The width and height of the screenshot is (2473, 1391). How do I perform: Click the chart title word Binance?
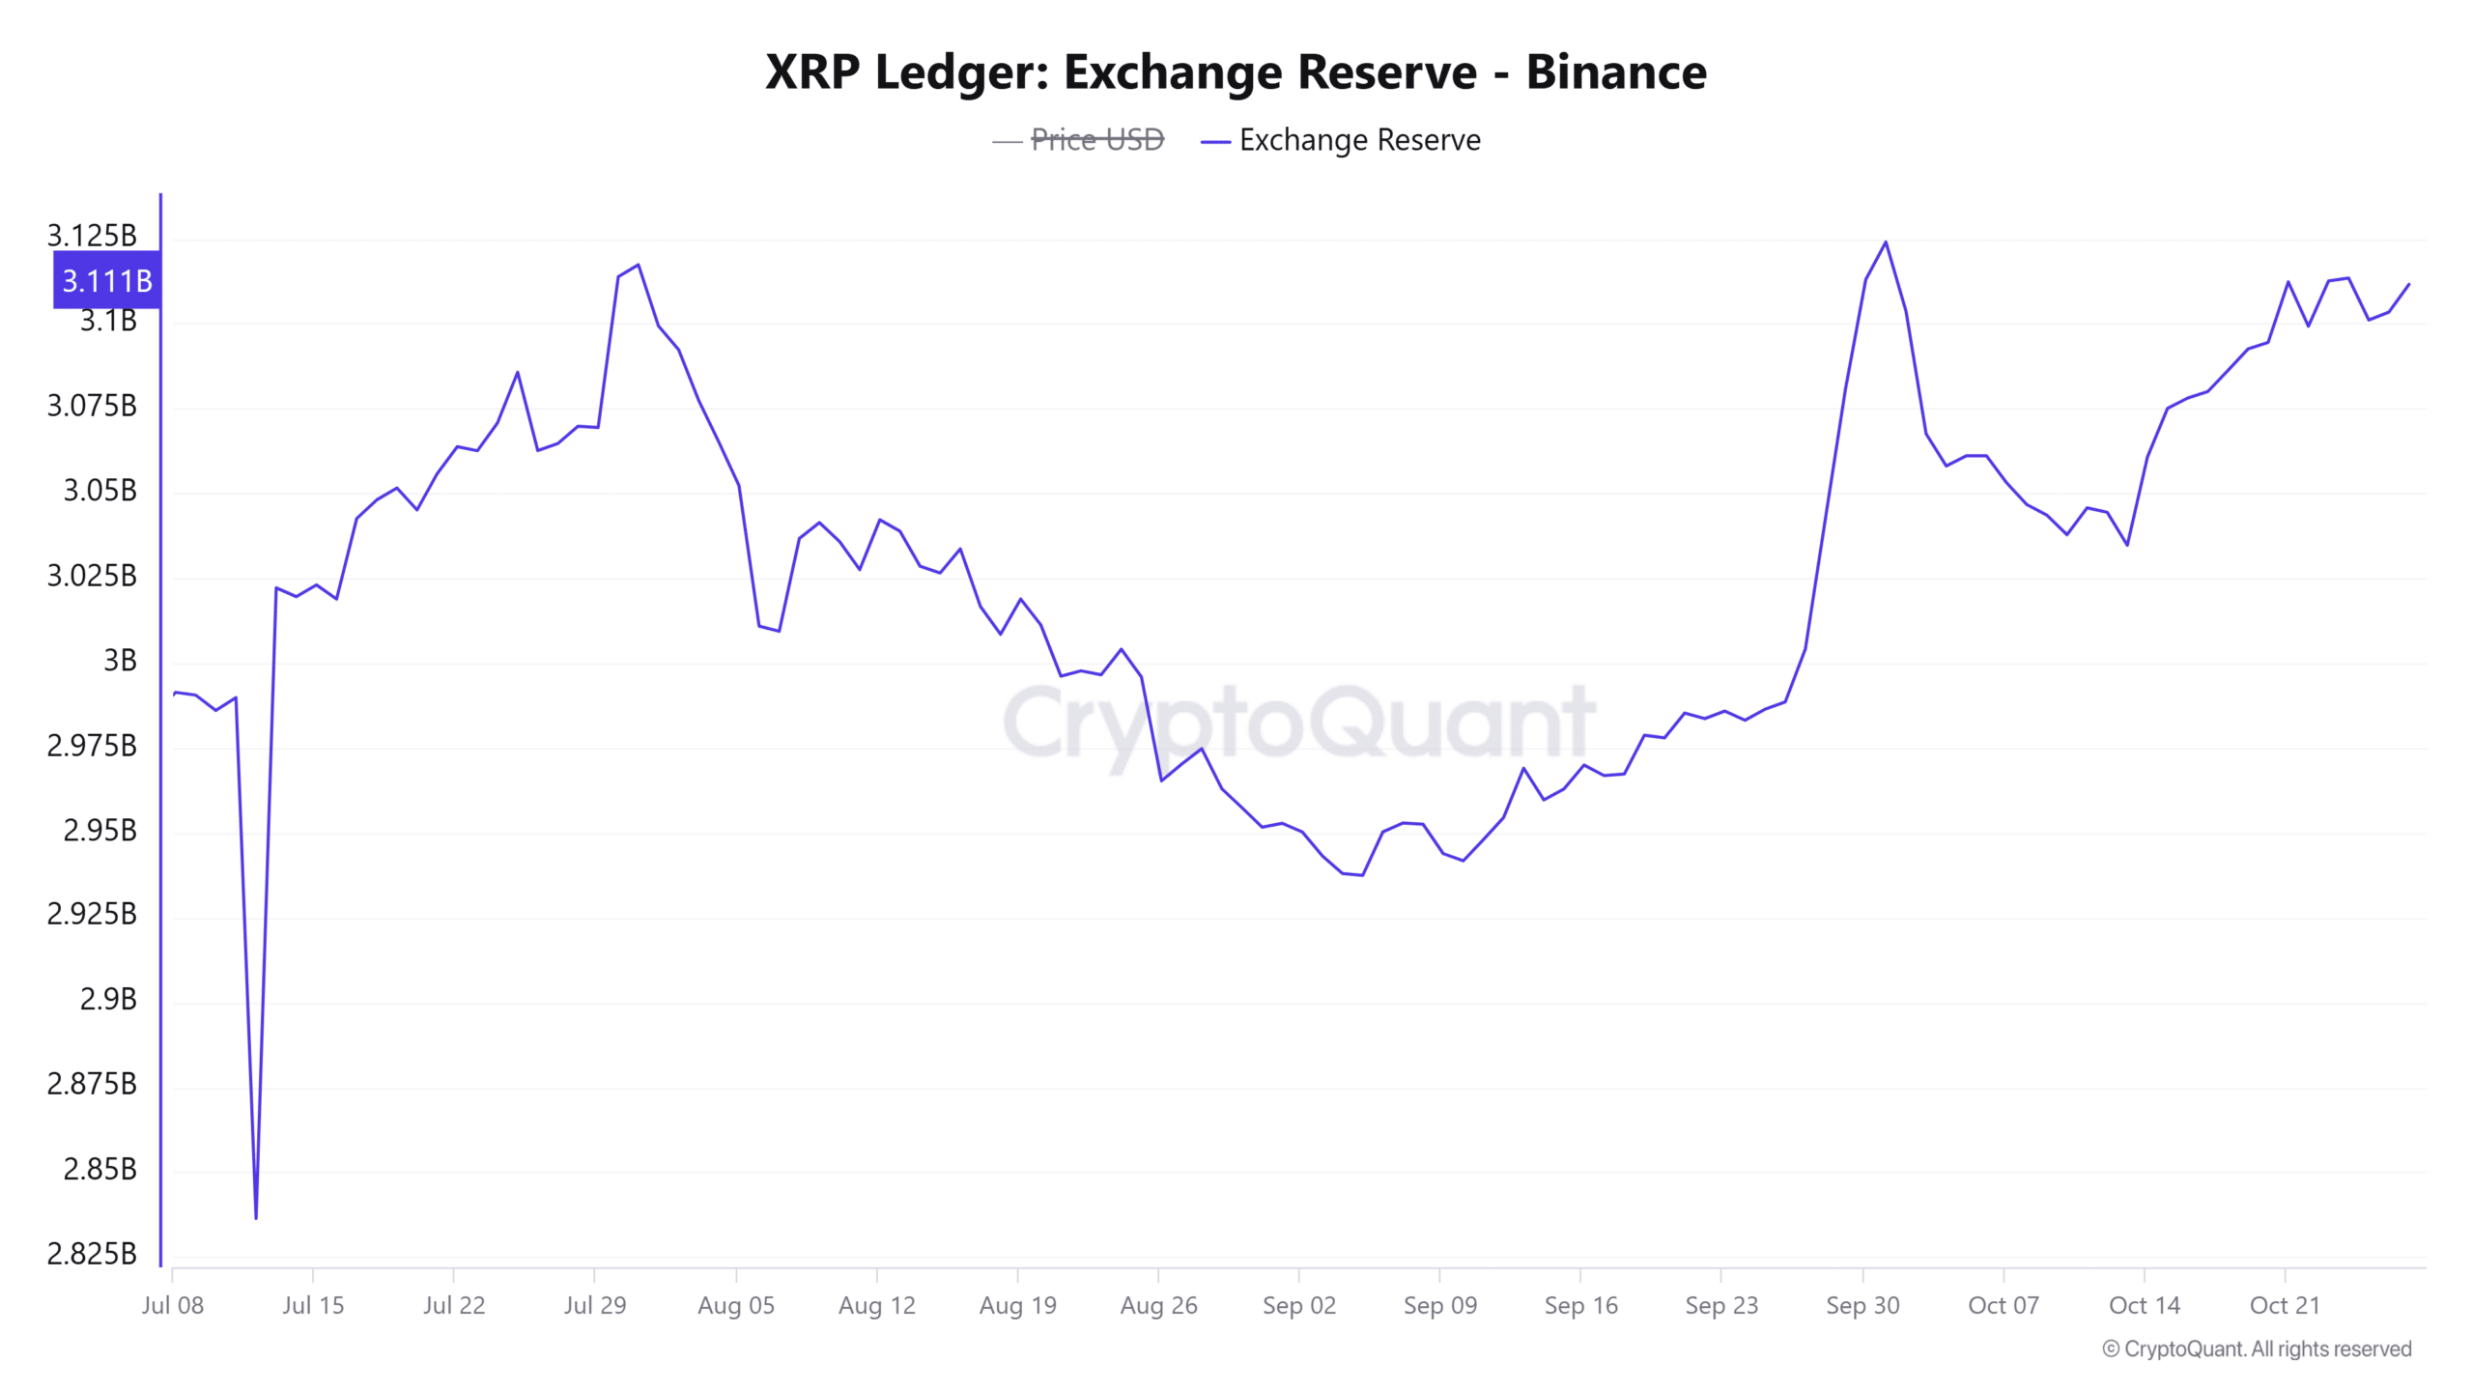(x=1615, y=72)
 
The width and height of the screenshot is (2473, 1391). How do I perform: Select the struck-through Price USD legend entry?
(x=1096, y=140)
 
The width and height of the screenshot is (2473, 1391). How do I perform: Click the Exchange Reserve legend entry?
(x=1358, y=140)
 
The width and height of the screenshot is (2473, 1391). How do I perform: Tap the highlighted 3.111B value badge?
(x=106, y=280)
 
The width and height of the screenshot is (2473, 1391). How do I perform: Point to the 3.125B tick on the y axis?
(x=92, y=236)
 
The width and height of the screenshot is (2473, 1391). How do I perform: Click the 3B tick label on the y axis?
(x=120, y=661)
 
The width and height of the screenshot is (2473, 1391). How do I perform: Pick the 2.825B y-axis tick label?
(x=92, y=1254)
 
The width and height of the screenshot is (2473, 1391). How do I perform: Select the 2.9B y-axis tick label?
(x=108, y=999)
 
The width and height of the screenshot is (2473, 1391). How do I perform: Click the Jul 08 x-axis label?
(x=172, y=1305)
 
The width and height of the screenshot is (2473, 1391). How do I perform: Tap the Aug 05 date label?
(x=736, y=1305)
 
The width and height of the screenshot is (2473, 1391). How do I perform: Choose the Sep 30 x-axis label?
(x=1862, y=1305)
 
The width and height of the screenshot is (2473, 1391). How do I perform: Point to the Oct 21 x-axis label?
(x=2285, y=1305)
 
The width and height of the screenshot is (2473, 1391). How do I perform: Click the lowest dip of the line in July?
(x=256, y=1218)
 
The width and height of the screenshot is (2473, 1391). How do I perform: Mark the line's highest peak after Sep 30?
(x=1886, y=241)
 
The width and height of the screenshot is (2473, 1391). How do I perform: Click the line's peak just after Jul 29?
(x=638, y=265)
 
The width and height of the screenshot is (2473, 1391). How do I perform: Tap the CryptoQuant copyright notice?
(x=2257, y=1348)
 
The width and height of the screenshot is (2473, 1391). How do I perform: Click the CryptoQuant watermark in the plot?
(x=1299, y=723)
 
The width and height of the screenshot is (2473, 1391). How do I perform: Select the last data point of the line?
(x=2409, y=284)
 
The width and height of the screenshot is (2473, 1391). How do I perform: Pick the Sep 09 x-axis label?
(x=1439, y=1305)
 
